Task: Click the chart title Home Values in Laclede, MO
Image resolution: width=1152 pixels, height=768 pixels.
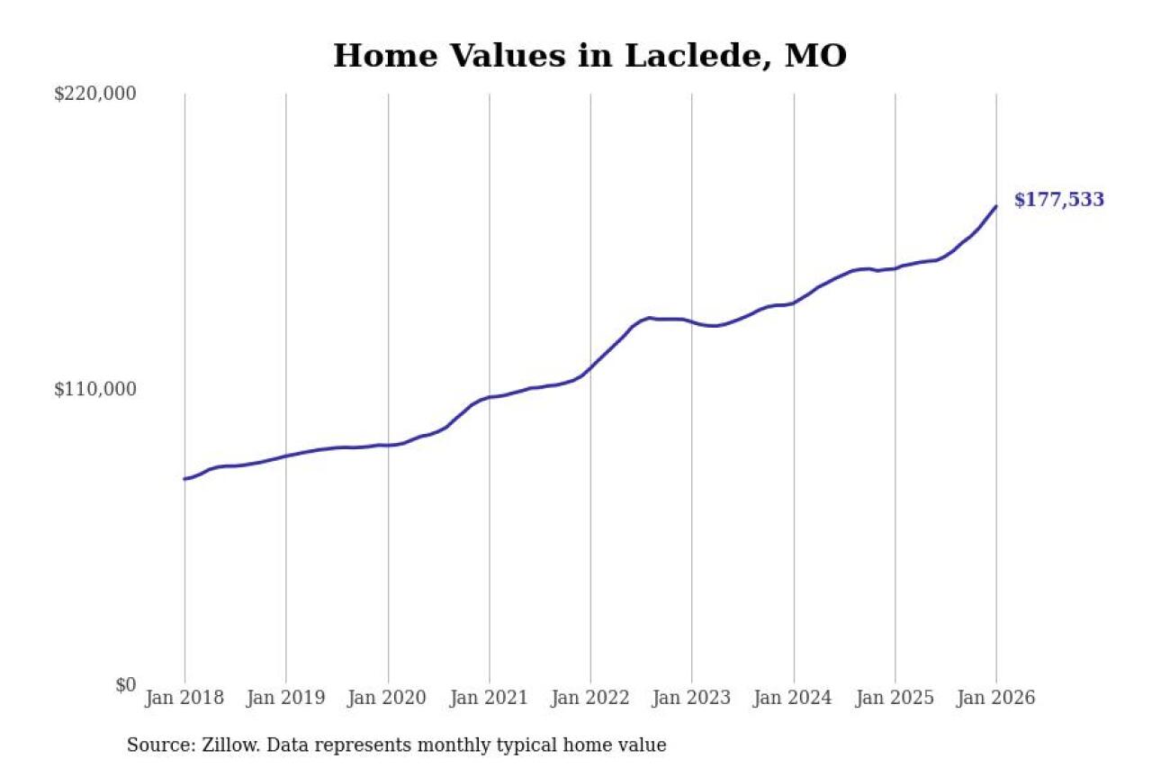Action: point(589,56)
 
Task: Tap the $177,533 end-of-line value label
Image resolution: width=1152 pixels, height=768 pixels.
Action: point(1058,200)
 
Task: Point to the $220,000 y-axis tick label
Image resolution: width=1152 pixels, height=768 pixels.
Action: point(95,94)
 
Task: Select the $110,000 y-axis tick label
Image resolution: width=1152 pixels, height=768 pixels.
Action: point(95,389)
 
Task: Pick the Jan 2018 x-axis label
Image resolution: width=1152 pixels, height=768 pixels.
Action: point(184,699)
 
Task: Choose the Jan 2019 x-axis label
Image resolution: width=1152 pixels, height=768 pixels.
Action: point(285,699)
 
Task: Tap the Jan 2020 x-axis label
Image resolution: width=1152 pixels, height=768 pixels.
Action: point(387,699)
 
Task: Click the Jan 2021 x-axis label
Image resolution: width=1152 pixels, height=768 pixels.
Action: point(489,699)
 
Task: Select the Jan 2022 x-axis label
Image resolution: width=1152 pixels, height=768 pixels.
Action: point(590,699)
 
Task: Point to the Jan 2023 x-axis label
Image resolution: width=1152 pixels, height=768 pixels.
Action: point(692,699)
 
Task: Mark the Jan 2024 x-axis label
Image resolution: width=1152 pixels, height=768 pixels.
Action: point(794,699)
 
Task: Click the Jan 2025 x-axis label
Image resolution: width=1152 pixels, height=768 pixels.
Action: point(895,699)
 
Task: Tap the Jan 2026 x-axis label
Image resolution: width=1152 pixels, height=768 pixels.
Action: point(996,699)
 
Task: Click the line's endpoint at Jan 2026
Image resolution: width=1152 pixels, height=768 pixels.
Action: point(996,206)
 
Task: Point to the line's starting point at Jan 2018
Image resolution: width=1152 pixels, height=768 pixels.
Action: point(184,479)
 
